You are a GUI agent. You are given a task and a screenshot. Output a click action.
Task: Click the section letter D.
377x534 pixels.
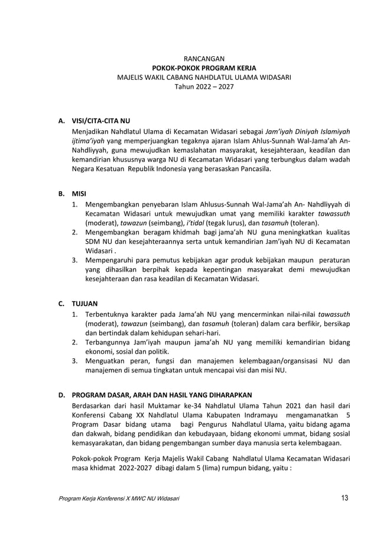[x=61, y=395]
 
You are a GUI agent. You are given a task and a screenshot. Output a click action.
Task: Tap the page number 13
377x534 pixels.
[x=344, y=497]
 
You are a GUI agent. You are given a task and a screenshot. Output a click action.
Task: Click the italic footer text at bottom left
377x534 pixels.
[x=118, y=498]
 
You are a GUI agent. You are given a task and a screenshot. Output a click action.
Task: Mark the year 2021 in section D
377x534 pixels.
[x=291, y=405]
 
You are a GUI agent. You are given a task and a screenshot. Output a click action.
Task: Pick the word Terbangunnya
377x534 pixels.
[x=110, y=342]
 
